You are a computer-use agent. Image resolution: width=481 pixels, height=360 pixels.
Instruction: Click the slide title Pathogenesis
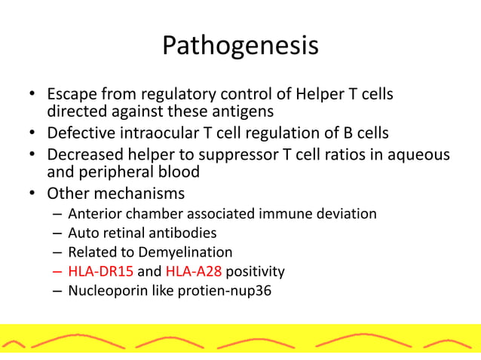point(240,46)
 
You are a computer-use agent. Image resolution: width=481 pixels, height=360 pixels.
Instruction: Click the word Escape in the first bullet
point(73,96)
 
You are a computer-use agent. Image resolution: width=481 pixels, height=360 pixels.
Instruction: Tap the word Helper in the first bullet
point(315,96)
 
